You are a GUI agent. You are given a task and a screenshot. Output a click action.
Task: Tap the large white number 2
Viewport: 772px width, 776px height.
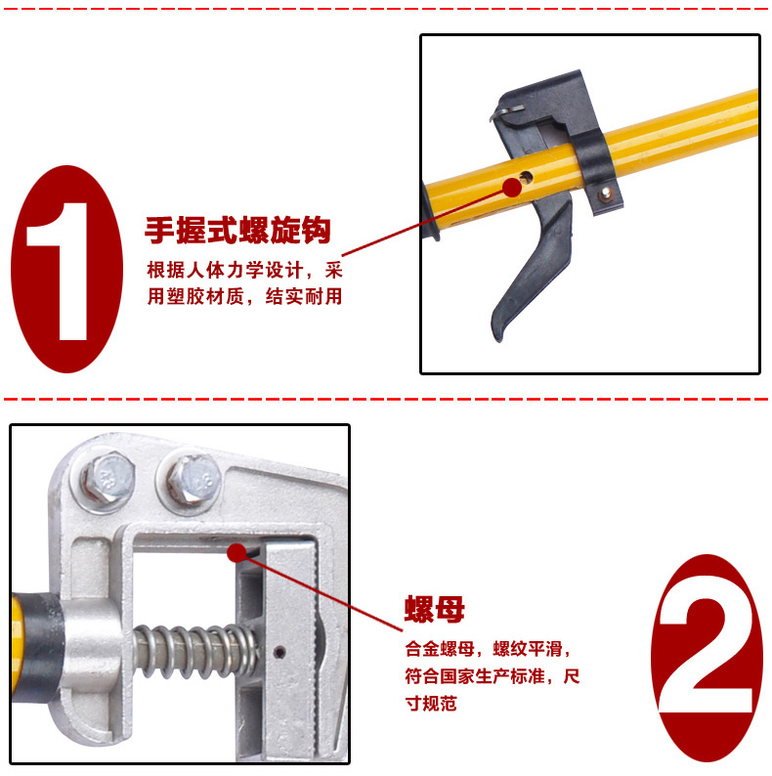coord(707,658)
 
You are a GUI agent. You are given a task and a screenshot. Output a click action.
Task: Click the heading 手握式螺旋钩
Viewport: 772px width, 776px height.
coord(237,230)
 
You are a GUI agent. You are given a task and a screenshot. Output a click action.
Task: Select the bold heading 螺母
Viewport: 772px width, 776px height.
coord(435,609)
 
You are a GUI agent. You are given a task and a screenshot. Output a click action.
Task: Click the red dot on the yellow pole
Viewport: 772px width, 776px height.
coord(512,188)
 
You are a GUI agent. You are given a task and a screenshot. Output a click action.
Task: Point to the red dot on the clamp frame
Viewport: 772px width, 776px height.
coord(237,553)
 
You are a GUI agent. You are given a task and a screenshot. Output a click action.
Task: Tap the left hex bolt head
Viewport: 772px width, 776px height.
coord(107,480)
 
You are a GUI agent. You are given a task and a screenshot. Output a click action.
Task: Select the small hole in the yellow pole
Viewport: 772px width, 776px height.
coord(526,176)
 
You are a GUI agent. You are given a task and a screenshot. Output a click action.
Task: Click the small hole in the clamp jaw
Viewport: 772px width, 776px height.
coord(279,652)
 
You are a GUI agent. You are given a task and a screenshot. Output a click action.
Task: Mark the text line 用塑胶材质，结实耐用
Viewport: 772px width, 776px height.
coord(244,296)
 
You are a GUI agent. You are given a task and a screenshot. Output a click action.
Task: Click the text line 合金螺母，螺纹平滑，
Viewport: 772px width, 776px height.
coord(488,649)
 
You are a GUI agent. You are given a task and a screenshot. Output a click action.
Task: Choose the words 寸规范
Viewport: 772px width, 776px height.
coord(431,704)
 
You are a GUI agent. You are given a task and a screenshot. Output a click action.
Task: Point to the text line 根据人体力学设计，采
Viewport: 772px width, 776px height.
coord(244,271)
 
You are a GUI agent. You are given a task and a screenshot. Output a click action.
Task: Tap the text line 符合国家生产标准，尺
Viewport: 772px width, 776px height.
coord(493,676)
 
